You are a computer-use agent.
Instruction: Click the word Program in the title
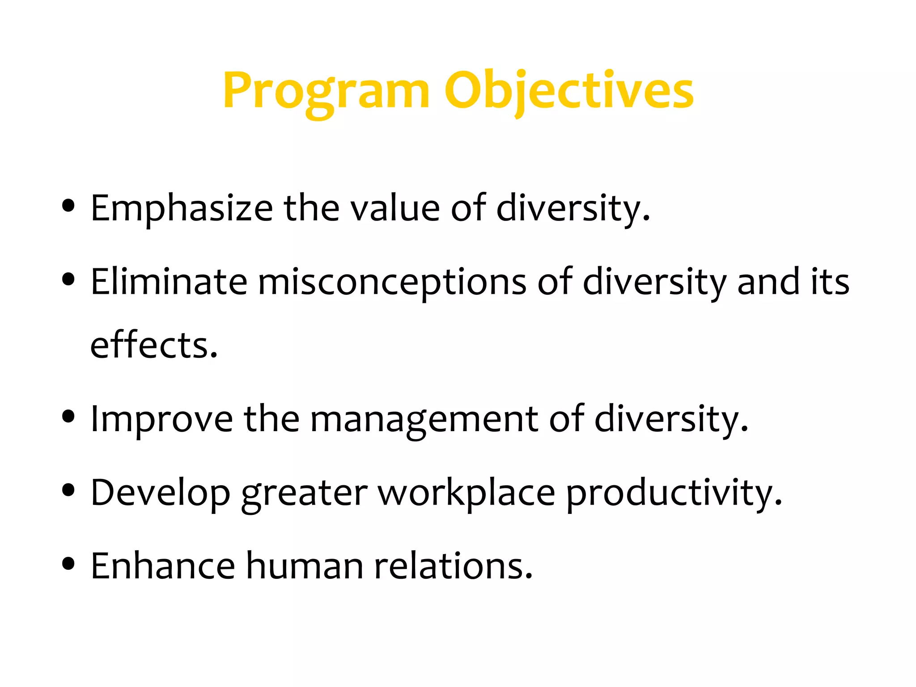point(326,92)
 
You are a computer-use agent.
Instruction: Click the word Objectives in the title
point(569,92)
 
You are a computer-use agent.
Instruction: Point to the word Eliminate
point(169,282)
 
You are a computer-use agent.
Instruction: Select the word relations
point(453,566)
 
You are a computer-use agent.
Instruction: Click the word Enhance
point(163,566)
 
